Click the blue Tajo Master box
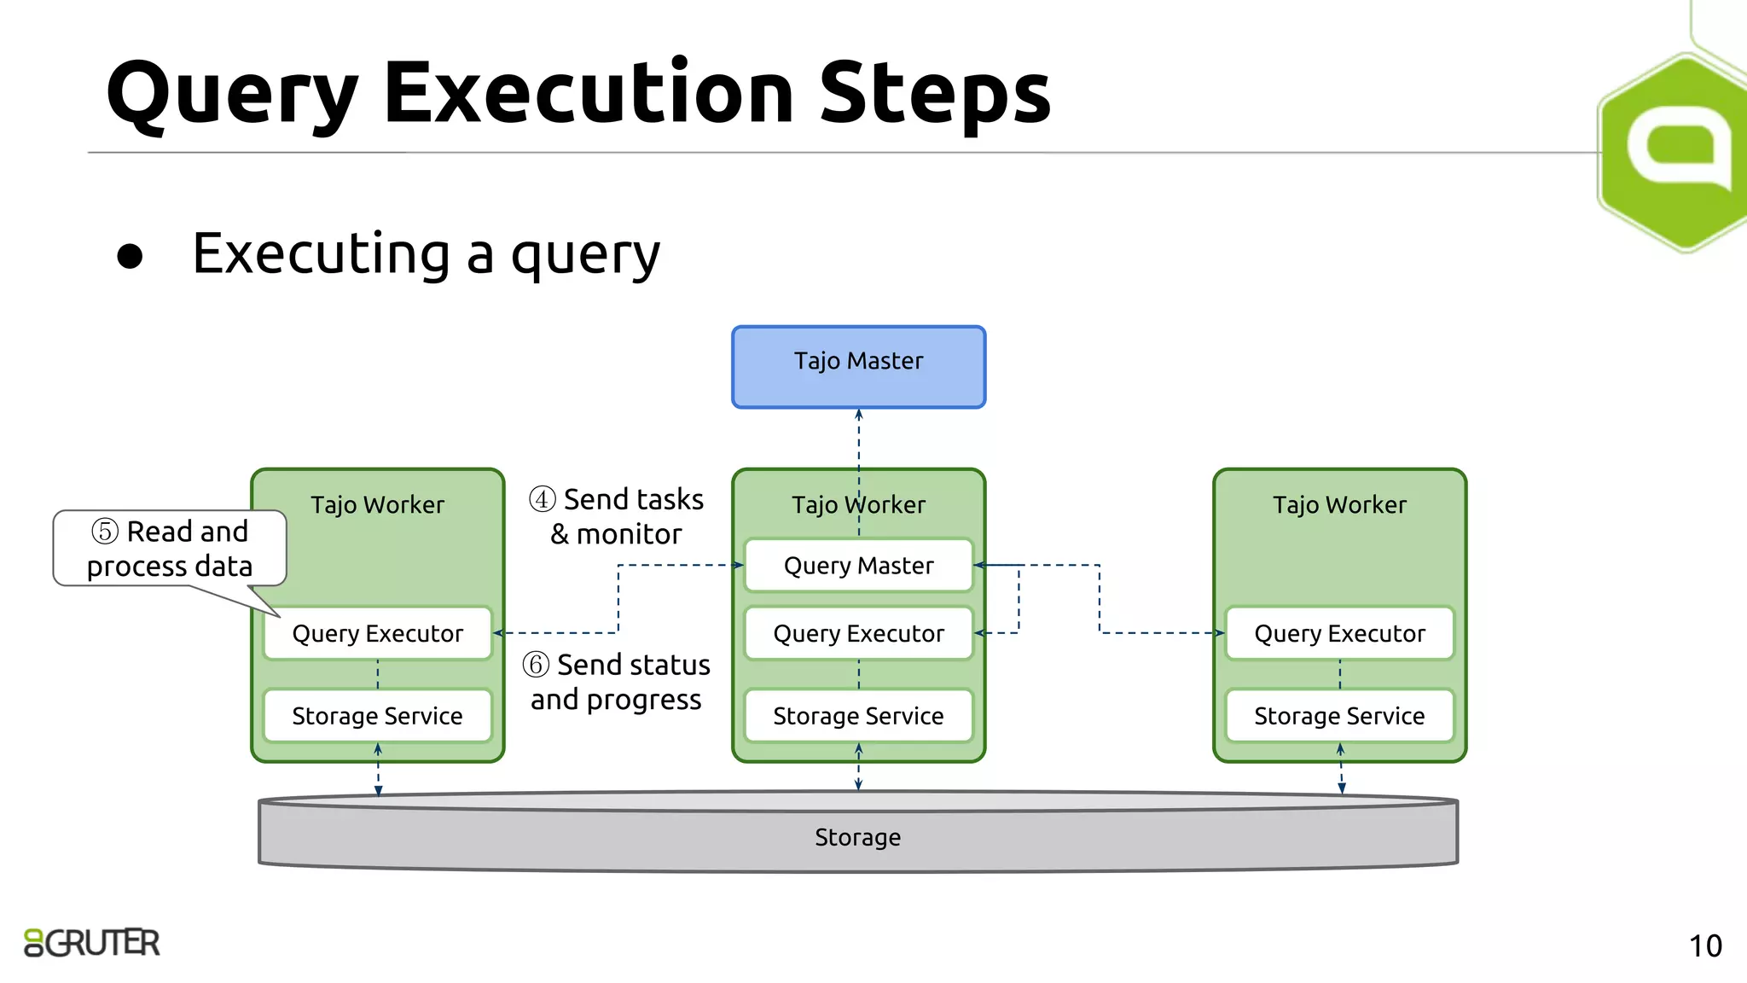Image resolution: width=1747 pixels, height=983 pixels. click(858, 367)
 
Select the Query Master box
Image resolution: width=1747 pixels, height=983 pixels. click(858, 565)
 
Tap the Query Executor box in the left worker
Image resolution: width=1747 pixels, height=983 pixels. click(377, 633)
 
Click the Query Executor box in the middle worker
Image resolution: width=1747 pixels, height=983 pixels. click(858, 633)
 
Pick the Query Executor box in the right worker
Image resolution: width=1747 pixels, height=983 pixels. click(1339, 633)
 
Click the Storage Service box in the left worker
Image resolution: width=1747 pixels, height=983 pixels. click(377, 715)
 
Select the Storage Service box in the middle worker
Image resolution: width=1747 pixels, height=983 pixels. click(858, 715)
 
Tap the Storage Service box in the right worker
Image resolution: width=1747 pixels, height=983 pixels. click(1339, 715)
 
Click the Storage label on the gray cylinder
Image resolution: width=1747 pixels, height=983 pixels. click(857, 837)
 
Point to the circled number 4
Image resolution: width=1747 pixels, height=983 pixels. click(543, 499)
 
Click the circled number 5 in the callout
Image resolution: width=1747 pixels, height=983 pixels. click(105, 532)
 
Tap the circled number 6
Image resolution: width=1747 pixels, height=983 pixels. click(536, 664)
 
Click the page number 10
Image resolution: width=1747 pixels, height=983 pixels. click(1705, 945)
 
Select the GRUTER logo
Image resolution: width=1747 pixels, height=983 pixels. click(92, 943)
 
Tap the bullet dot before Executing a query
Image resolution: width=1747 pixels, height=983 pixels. click(130, 256)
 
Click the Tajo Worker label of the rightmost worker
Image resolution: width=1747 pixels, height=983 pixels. click(1339, 504)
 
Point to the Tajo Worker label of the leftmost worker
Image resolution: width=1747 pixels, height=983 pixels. click(377, 504)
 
